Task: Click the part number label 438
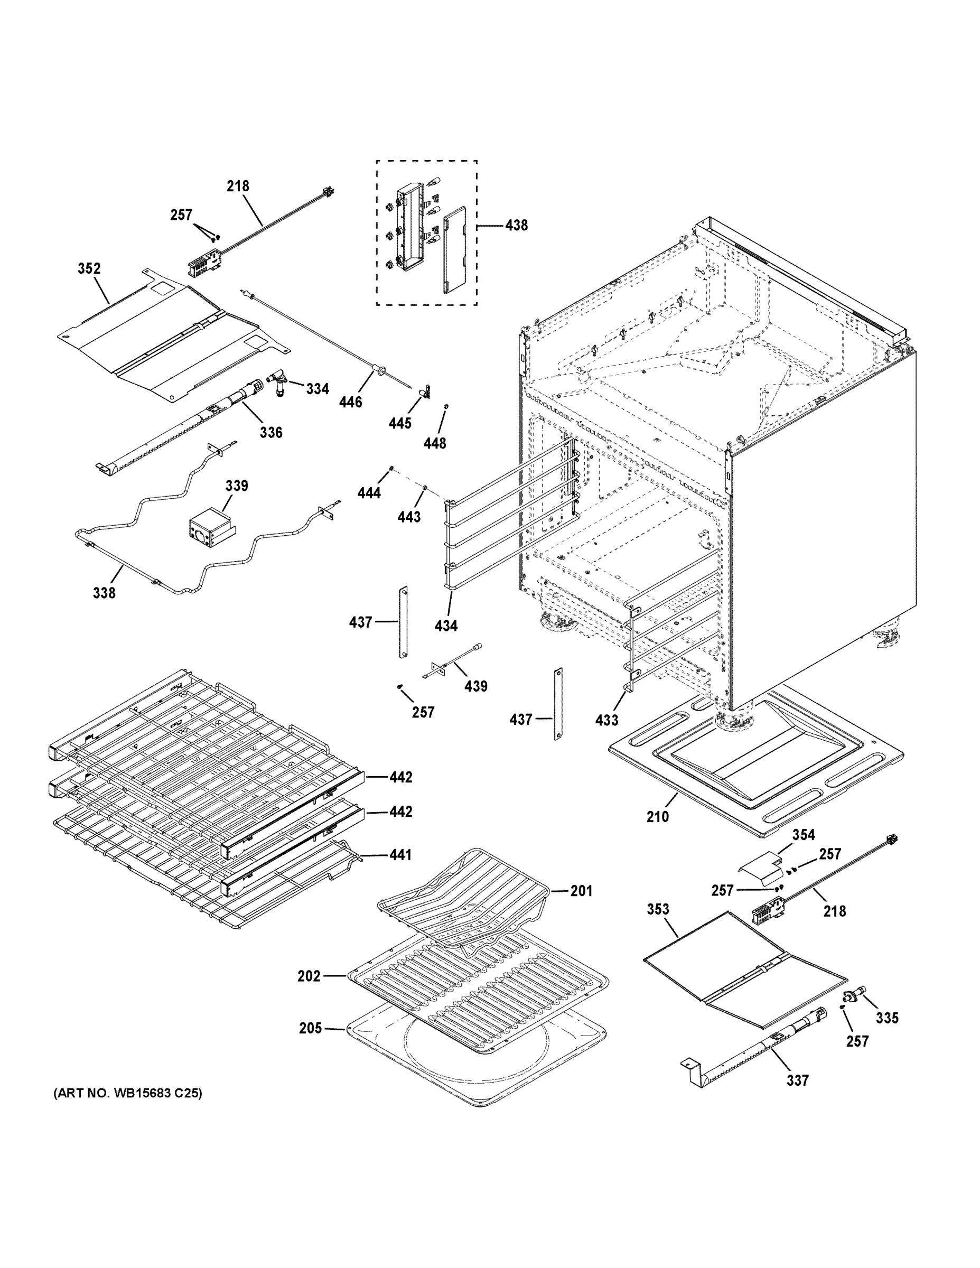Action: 516,225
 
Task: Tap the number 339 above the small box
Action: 236,486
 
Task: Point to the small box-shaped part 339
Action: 210,528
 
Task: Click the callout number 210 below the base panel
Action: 658,816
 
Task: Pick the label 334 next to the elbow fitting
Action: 318,389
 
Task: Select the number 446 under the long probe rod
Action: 351,402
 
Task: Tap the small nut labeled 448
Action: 446,406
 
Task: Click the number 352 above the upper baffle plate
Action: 89,269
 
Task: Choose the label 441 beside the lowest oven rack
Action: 400,855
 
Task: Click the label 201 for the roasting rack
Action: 581,891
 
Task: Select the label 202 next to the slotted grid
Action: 309,976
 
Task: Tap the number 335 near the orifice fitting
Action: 887,1018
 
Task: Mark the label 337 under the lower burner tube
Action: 798,1080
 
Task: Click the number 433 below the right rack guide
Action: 606,720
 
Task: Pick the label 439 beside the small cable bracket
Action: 475,686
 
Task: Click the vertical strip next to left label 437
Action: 402,622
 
